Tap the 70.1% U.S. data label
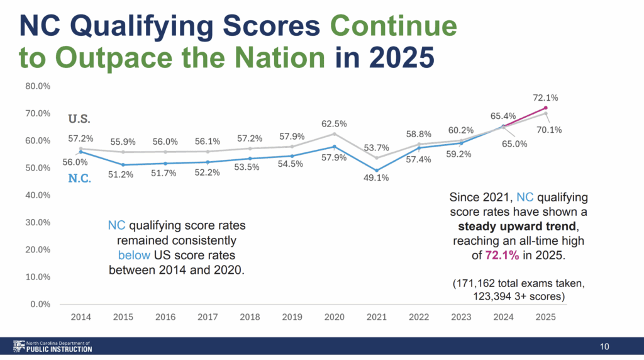549,130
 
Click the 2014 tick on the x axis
80,318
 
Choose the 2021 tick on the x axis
377,318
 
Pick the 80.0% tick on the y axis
38,86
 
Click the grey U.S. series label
79,118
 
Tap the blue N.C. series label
80,179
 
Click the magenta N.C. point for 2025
546,108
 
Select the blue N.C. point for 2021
377,170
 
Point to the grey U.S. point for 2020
334,133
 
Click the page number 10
604,347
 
